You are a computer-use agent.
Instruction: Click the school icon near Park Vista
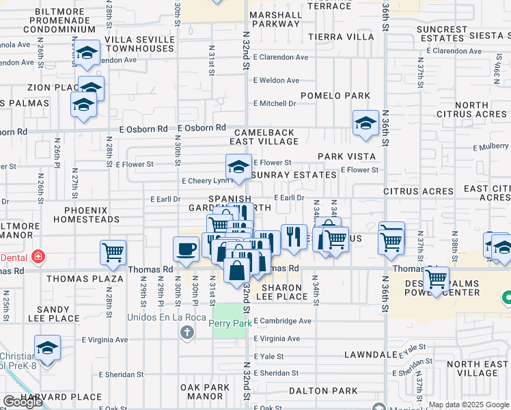click(x=365, y=123)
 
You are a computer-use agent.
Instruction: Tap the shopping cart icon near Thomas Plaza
click(x=113, y=251)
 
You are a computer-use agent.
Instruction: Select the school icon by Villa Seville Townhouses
click(x=87, y=53)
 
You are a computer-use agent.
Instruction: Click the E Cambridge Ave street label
click(x=282, y=321)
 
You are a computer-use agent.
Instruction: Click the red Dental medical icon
click(x=39, y=258)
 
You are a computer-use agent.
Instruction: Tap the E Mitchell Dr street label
click(x=274, y=103)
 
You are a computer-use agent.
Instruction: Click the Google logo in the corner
click(x=23, y=401)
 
